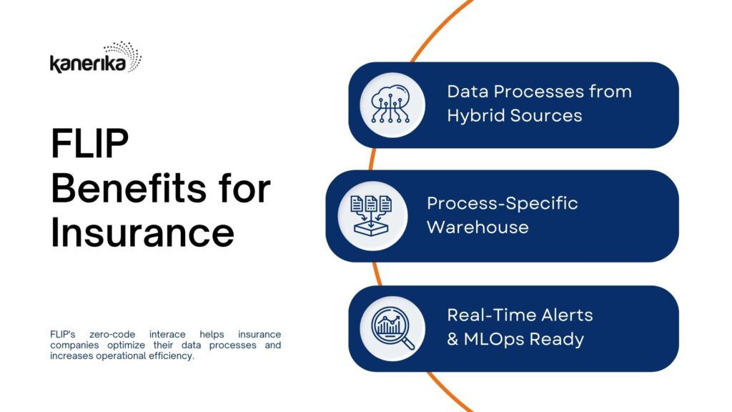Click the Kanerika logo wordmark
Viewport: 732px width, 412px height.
click(88, 64)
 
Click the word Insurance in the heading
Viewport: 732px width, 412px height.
click(142, 232)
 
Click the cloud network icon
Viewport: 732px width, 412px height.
click(391, 104)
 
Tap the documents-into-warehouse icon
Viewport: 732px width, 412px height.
click(372, 215)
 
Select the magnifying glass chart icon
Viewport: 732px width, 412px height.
click(392, 328)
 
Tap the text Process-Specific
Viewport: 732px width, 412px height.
click(503, 204)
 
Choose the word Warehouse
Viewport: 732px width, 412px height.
click(478, 227)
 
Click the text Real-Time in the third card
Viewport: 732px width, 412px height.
click(488, 315)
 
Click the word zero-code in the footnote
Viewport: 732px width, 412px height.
click(112, 335)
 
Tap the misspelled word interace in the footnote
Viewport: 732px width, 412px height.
click(167, 335)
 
